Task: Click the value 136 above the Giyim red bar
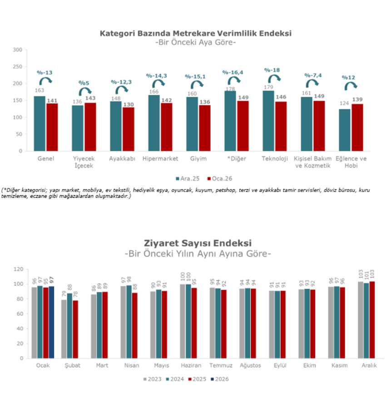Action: [204, 102]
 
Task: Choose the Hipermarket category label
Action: [160, 159]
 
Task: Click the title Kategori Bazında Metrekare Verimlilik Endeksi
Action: [195, 33]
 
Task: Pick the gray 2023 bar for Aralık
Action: [361, 320]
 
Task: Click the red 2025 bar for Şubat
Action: [75, 329]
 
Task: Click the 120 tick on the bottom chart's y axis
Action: [18, 269]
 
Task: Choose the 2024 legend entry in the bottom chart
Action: [174, 379]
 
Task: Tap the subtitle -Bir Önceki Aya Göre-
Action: [195, 42]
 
